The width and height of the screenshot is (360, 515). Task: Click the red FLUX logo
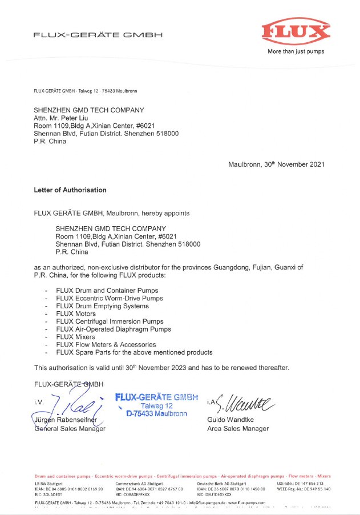click(296, 31)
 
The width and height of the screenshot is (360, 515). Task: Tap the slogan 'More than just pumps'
click(296, 51)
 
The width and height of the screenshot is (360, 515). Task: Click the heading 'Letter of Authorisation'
click(70, 190)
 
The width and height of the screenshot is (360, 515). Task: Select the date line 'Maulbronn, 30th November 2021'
click(276, 164)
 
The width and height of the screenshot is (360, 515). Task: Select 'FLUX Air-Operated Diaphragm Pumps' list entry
click(113, 329)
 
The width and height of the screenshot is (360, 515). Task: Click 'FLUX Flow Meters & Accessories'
click(106, 345)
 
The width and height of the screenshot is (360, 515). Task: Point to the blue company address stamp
click(156, 405)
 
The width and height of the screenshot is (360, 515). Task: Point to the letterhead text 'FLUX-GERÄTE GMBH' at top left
click(98, 35)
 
